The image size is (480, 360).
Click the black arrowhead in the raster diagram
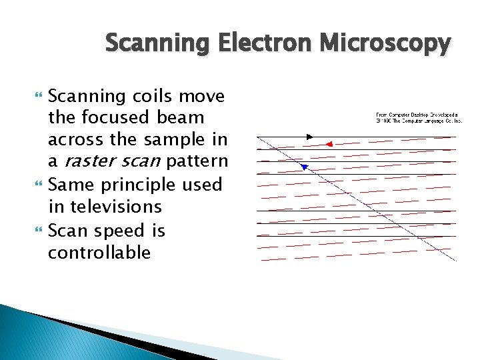(x=309, y=137)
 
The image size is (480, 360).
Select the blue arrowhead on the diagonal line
(x=304, y=167)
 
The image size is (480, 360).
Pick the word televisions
(x=114, y=207)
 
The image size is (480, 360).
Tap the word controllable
(x=99, y=253)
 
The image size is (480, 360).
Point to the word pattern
(x=197, y=162)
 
